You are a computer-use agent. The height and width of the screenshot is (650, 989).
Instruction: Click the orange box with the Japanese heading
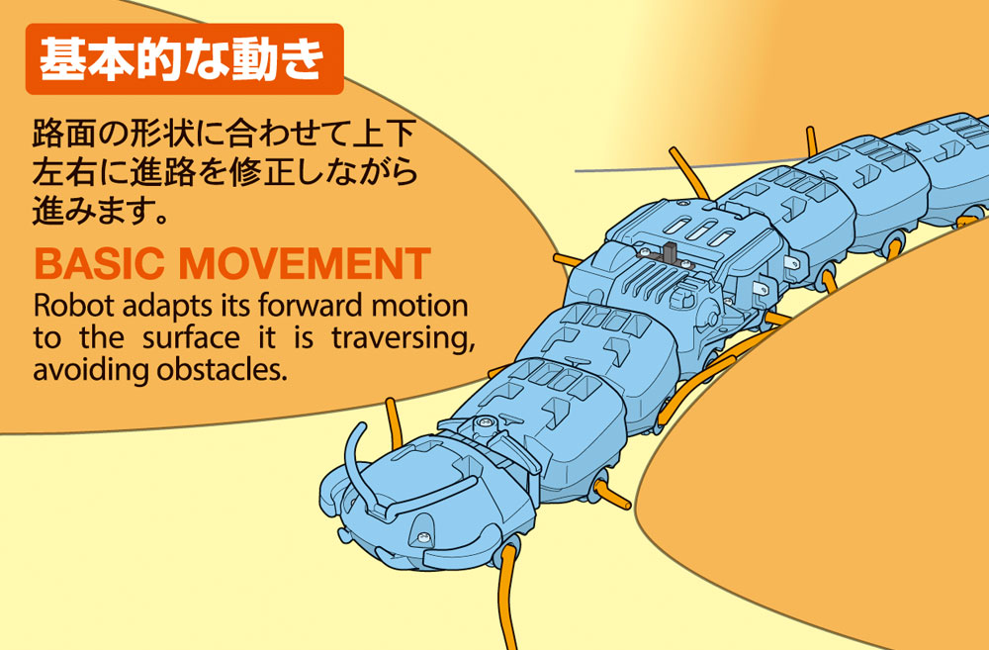[184, 59]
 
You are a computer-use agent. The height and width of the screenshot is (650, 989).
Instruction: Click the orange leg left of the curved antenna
[393, 416]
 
